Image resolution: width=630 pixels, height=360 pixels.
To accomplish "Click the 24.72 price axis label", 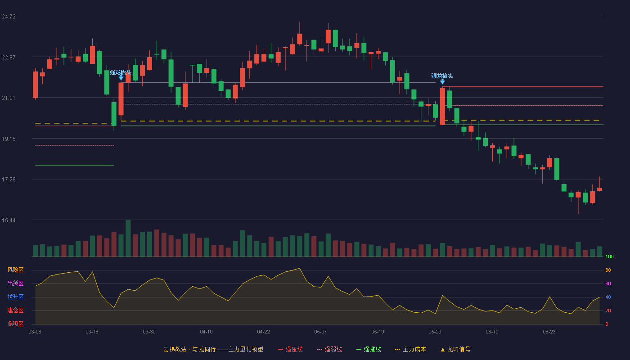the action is pyautogui.click(x=9, y=17).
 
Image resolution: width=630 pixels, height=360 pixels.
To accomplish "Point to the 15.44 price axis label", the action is pyautogui.click(x=9, y=220).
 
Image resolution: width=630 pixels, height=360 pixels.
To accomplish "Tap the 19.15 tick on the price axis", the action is pyautogui.click(x=9, y=139).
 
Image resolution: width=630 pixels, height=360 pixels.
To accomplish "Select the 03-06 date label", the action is pyautogui.click(x=35, y=332).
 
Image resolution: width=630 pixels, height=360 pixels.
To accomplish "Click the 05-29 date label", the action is pyautogui.click(x=435, y=332).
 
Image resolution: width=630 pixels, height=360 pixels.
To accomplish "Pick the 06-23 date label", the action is pyautogui.click(x=549, y=332).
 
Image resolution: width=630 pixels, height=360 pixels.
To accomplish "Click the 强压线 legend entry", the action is pyautogui.click(x=290, y=350).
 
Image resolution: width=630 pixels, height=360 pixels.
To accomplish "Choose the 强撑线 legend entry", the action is pyautogui.click(x=369, y=350).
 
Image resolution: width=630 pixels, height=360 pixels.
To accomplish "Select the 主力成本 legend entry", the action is pyautogui.click(x=410, y=350).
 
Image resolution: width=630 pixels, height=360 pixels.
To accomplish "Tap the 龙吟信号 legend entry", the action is pyautogui.click(x=455, y=350).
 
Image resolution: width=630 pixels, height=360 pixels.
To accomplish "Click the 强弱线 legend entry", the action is pyautogui.click(x=329, y=350).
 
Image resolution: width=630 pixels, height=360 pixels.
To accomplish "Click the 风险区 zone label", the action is pyautogui.click(x=15, y=270).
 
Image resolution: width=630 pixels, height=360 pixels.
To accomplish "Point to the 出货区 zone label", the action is pyautogui.click(x=15, y=283).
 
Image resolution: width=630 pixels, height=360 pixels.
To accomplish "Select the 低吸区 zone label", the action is pyautogui.click(x=15, y=324).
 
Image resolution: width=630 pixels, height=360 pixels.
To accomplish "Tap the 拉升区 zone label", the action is pyautogui.click(x=15, y=297).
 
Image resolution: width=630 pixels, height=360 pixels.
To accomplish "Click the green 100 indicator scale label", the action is pyautogui.click(x=609, y=256).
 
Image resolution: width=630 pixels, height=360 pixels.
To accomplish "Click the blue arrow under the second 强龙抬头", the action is pyautogui.click(x=442, y=82).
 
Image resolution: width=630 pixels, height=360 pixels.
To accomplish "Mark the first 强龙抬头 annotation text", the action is pyautogui.click(x=121, y=72).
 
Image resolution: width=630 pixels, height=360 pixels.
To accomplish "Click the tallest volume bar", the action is pyautogui.click(x=128, y=238).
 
